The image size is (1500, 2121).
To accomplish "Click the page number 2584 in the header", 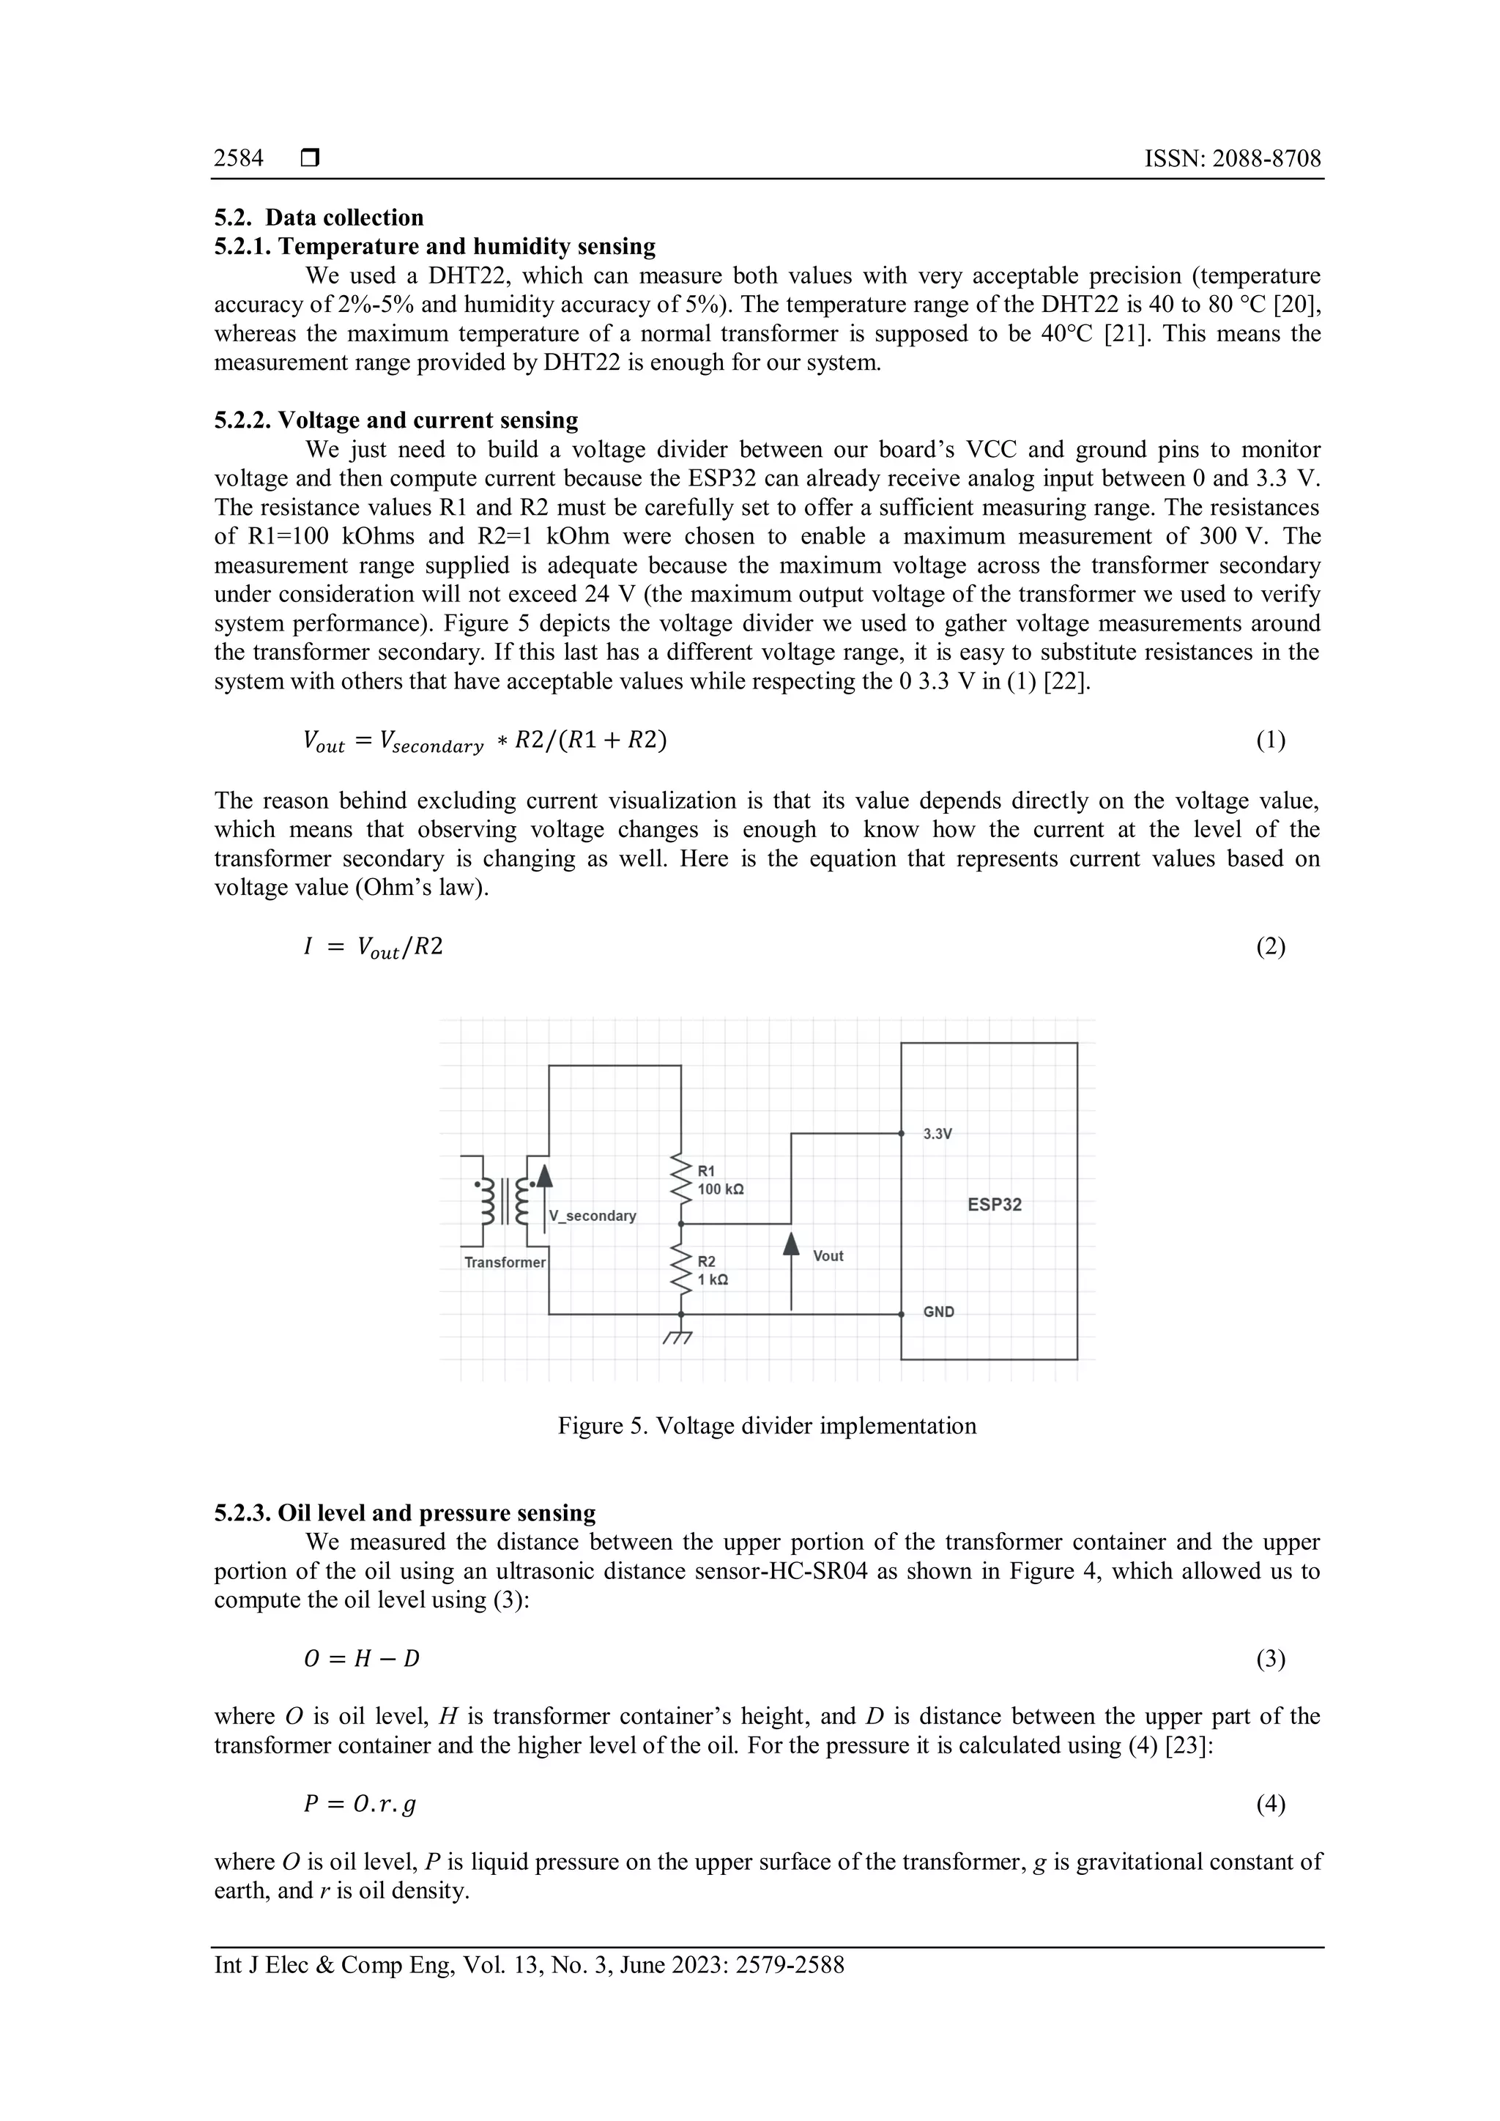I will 238,159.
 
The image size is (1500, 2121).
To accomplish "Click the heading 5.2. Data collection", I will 319,218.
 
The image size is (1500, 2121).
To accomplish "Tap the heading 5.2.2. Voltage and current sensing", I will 396,420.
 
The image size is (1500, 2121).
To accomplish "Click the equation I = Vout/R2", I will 373,947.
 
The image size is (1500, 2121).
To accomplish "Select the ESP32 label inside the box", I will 994,1205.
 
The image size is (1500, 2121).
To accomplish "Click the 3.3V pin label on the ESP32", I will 937,1134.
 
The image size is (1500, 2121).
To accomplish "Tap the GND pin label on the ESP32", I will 938,1312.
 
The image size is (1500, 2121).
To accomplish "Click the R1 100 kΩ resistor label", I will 721,1181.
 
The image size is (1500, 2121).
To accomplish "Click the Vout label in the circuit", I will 828,1255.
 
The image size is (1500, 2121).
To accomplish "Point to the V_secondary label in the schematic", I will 592,1216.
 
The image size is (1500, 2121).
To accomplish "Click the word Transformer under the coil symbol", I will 505,1262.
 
